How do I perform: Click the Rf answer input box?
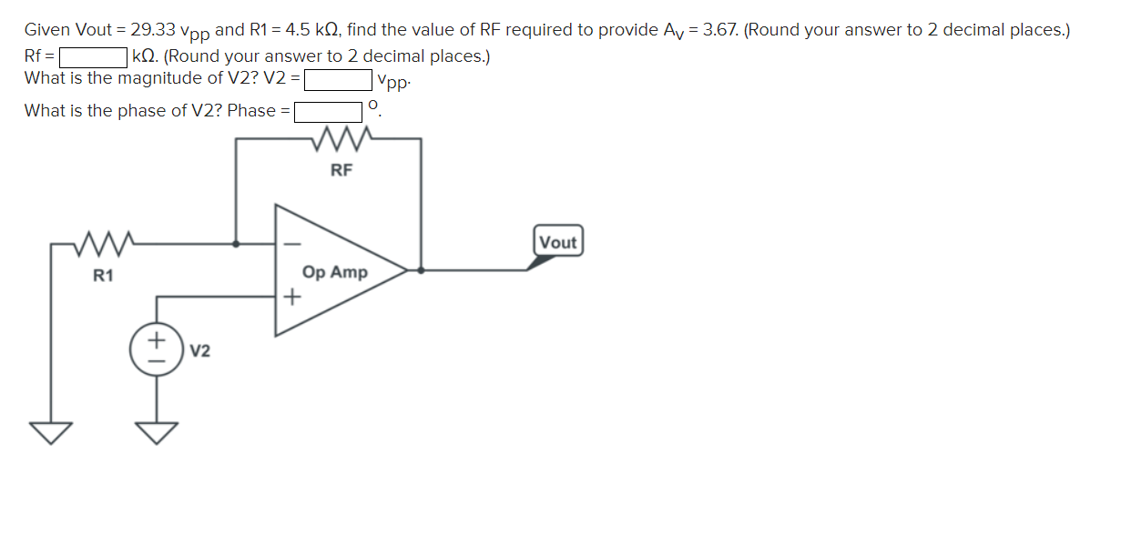[x=93, y=57]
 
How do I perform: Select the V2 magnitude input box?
[x=338, y=80]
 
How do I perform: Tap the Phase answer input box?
[x=328, y=112]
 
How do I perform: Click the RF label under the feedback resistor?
[x=341, y=169]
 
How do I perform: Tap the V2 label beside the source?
[x=201, y=351]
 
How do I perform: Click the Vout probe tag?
[x=557, y=242]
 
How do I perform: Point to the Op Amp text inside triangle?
[x=335, y=272]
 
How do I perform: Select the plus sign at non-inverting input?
[x=292, y=297]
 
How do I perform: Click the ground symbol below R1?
[x=51, y=432]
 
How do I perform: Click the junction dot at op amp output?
[x=420, y=270]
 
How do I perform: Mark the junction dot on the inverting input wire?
[x=237, y=244]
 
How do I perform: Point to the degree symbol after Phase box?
[x=372, y=107]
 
